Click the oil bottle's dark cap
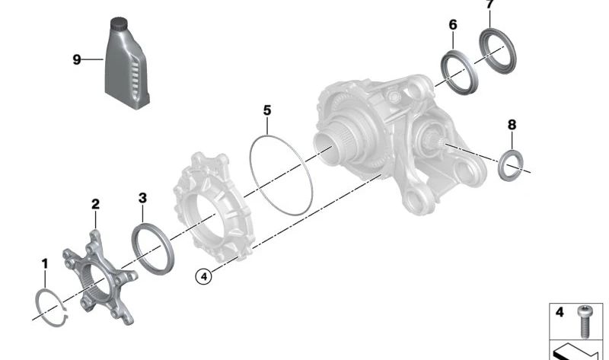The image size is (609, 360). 119,24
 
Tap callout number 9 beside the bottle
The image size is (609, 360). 77,59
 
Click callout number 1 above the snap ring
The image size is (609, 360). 44,263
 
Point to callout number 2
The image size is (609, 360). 95,204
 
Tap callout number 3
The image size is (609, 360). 142,198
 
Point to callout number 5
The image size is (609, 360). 267,110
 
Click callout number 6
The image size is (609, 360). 453,25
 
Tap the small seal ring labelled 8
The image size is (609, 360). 511,165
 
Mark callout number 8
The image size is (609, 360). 512,124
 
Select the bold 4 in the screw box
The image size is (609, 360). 560,312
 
